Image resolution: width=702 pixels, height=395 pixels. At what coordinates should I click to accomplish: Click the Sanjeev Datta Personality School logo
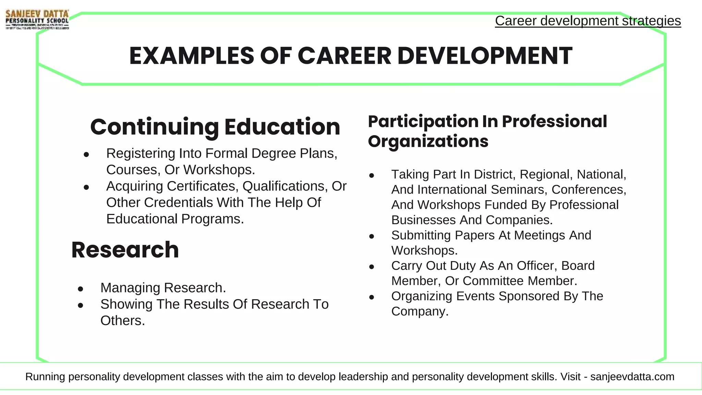click(x=37, y=20)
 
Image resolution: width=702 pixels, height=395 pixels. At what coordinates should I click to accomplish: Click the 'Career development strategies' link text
click(x=588, y=21)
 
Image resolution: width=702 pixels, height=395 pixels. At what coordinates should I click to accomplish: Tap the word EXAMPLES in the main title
click(x=191, y=56)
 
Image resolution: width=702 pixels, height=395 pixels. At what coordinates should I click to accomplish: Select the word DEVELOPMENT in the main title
click(x=485, y=56)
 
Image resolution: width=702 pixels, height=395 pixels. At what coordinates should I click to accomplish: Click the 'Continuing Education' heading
click(x=215, y=127)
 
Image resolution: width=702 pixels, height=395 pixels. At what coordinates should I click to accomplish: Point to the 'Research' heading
click(x=125, y=250)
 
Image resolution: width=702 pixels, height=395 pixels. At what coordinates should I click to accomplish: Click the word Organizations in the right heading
click(x=428, y=141)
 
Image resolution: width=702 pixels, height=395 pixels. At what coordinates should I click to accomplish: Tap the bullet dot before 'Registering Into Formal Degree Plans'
click(x=86, y=155)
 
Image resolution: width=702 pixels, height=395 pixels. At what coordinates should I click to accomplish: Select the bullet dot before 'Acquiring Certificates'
click(x=86, y=187)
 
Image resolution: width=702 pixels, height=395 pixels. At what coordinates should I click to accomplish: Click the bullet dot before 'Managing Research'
click(x=81, y=289)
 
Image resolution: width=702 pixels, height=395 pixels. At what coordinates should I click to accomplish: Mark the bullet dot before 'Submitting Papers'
click(x=372, y=236)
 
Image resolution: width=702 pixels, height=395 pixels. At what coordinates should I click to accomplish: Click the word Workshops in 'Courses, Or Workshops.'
click(x=219, y=170)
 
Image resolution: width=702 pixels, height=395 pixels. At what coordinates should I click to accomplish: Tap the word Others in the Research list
click(x=122, y=321)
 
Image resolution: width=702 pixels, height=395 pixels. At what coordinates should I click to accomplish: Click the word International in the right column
click(x=452, y=190)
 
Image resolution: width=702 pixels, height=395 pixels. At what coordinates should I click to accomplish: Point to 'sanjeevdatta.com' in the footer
click(x=632, y=376)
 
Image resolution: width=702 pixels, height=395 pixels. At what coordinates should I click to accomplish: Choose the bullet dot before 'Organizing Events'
click(x=372, y=297)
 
